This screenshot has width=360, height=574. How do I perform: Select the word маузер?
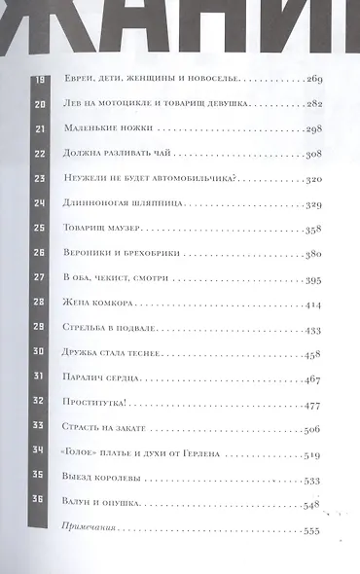coord(122,229)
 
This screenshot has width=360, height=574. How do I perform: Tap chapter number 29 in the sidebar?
coord(41,329)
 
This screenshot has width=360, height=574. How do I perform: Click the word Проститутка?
coord(95,404)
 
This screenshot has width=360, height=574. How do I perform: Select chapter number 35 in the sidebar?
coord(41,479)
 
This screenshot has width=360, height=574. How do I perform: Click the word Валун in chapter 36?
coord(77,504)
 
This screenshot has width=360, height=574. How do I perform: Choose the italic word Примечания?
coord(90,529)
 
